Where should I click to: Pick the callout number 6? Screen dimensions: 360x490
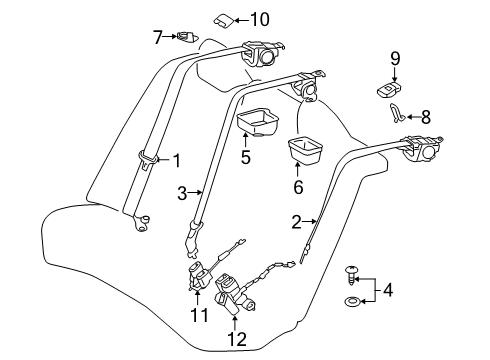click(297, 186)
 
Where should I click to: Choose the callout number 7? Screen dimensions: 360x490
click(157, 38)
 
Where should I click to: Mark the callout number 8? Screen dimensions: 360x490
click(427, 115)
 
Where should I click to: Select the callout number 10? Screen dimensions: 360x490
click(260, 18)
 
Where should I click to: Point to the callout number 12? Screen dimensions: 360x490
click(235, 340)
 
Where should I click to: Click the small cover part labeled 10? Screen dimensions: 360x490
click(225, 18)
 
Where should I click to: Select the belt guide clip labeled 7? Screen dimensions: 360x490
click(185, 39)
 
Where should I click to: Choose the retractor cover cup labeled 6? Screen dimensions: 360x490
click(307, 150)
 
